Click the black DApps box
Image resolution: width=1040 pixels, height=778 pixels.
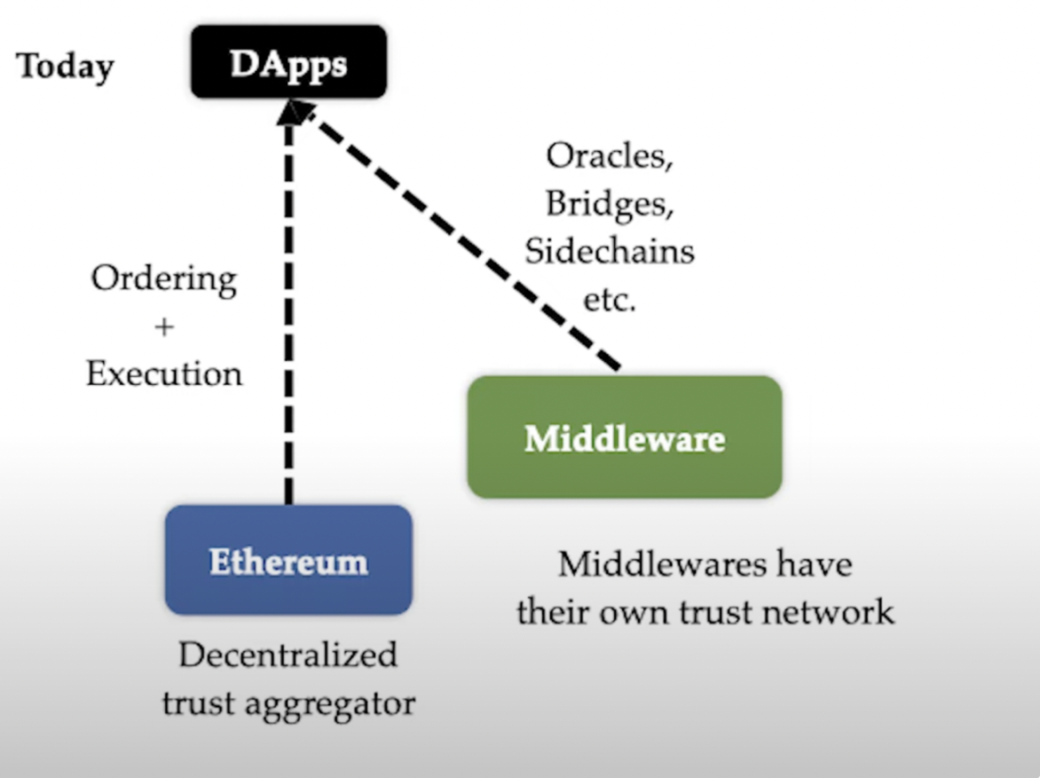click(x=288, y=62)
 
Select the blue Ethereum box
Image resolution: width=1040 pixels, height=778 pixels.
click(x=288, y=561)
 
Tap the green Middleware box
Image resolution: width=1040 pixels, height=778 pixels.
click(x=624, y=437)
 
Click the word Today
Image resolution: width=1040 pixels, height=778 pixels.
click(x=66, y=67)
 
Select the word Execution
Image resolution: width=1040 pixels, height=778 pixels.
click(x=164, y=373)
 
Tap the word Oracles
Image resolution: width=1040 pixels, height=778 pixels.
click(x=609, y=156)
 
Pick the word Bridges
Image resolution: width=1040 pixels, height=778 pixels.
click(x=609, y=204)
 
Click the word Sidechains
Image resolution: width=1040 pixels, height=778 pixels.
click(x=609, y=251)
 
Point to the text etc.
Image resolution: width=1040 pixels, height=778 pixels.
click(x=609, y=300)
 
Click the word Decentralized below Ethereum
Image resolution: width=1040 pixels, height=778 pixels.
click(x=288, y=656)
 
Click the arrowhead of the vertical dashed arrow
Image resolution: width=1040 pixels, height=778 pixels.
click(x=287, y=110)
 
